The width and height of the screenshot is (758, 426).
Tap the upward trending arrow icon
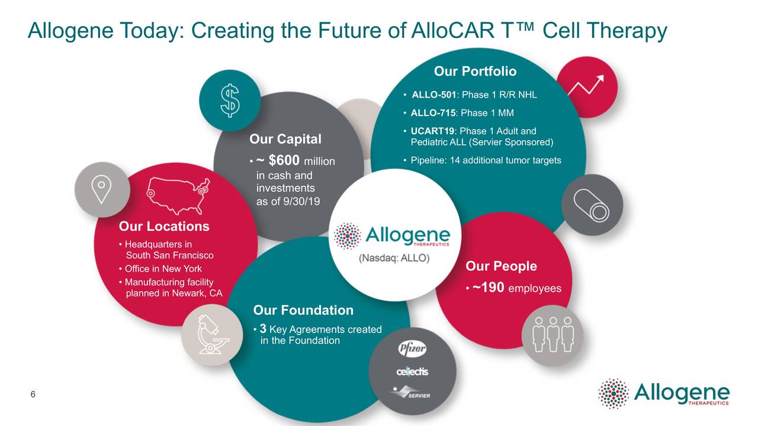point(586,86)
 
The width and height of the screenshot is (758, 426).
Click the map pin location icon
point(102,189)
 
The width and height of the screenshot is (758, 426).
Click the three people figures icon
point(553,334)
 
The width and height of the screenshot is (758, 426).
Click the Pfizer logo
point(412,349)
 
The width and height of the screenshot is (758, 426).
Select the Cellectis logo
point(412,371)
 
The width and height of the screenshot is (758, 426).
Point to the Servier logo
point(411,392)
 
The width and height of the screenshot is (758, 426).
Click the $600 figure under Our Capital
point(285,160)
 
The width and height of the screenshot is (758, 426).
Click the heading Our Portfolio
point(475,72)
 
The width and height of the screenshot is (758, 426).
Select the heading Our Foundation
point(303,310)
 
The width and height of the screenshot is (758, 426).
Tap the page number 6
point(33,395)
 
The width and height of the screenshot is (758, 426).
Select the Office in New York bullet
point(163,269)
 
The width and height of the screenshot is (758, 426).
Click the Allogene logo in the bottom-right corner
point(664,393)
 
